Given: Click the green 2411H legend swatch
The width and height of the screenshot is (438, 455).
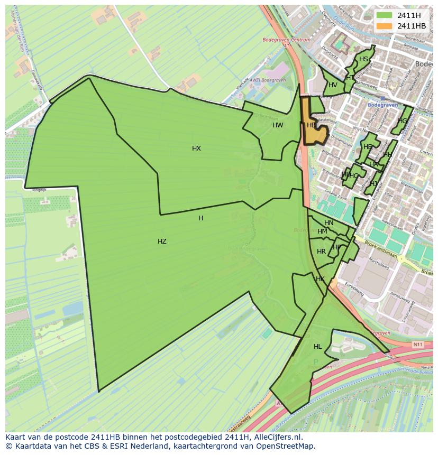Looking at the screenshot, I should point(384,15).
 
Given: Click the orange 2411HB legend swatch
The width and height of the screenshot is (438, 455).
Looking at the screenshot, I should point(384,26).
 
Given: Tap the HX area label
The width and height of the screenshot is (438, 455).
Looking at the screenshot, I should point(196,148).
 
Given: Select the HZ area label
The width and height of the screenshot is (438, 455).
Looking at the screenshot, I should point(162,242).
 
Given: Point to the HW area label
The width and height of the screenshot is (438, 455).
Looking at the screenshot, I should point(278,125).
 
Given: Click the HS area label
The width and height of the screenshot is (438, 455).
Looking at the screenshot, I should point(363,59).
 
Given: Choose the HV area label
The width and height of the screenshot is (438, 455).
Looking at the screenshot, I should point(333,85).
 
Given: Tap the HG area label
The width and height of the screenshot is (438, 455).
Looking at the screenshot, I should point(403,121).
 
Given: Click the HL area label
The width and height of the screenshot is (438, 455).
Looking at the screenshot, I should point(317,347).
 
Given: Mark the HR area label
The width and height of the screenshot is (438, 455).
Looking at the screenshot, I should point(321,252).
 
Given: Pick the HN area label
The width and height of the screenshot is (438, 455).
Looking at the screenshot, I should point(329,223).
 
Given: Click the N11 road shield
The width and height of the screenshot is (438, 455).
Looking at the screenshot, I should point(418,344).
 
